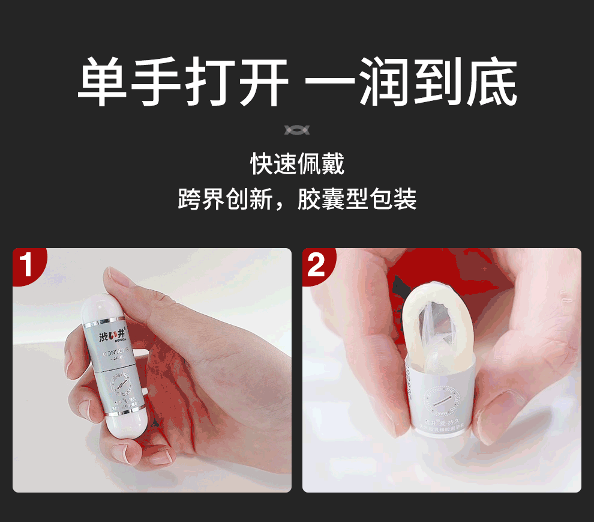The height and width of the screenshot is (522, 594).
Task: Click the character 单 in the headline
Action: (x=103, y=82)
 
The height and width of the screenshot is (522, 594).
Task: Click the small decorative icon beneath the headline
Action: (x=297, y=130)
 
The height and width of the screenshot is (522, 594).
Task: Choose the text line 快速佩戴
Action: (x=297, y=163)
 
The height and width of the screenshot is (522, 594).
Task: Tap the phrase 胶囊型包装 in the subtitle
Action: (x=357, y=199)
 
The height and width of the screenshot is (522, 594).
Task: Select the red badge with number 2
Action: (x=316, y=264)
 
